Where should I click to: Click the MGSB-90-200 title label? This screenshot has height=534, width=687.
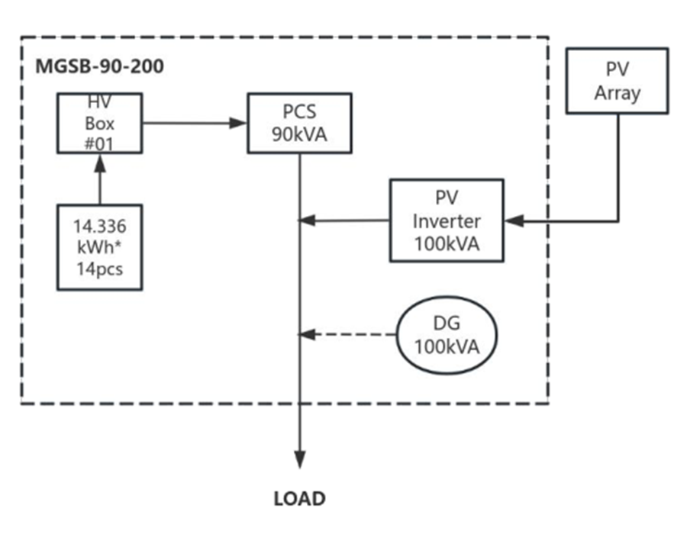100,66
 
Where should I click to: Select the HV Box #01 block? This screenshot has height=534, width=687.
99,124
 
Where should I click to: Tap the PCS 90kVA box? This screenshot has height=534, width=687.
299,123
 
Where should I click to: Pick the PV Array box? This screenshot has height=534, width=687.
617,82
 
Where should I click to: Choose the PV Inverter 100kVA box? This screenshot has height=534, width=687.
447,220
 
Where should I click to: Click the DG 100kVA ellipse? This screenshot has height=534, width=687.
447,335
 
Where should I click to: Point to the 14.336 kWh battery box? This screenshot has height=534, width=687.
99,247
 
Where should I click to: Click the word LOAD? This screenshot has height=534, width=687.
299,499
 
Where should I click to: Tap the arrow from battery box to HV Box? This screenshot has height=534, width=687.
99,179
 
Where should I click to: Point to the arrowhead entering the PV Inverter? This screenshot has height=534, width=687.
513,220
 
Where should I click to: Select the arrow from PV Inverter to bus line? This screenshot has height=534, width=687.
343,220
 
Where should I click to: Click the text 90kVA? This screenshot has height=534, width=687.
299,134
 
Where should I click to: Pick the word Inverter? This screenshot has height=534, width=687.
447,221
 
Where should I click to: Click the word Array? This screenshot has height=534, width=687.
617,93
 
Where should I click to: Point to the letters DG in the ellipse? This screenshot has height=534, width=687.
447,323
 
